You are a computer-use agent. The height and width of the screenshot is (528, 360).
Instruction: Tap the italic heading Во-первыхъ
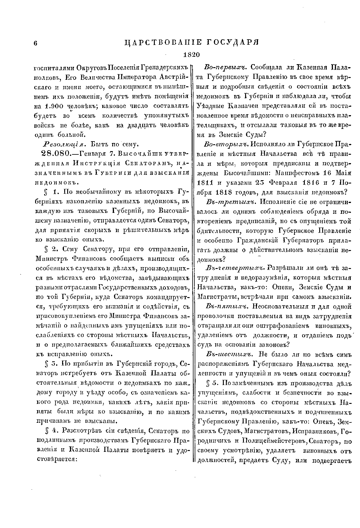coord(225,67)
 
